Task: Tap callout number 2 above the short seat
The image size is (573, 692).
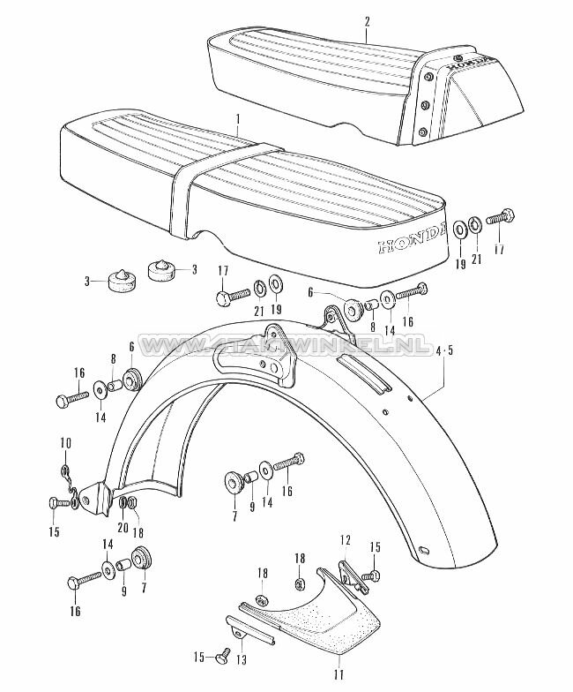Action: tap(367, 19)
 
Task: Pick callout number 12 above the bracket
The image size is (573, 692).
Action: tap(346, 538)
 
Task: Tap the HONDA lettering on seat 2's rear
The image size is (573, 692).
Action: tap(471, 62)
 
